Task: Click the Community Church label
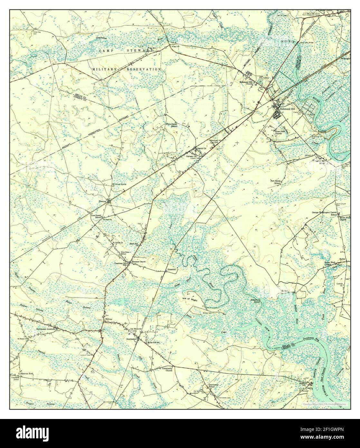click(167, 369)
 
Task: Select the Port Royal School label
click(276, 182)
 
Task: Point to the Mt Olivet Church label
click(119, 184)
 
